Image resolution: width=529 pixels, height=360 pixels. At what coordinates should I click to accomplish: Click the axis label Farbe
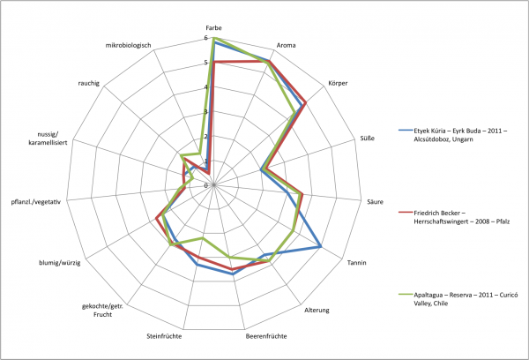213,28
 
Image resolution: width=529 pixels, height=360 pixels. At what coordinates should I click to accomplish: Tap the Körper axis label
338,83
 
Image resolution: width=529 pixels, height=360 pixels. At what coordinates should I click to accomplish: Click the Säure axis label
376,202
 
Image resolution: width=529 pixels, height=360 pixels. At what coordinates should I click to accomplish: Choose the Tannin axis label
357,263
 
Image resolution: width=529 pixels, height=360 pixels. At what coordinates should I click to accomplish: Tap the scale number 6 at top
205,38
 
